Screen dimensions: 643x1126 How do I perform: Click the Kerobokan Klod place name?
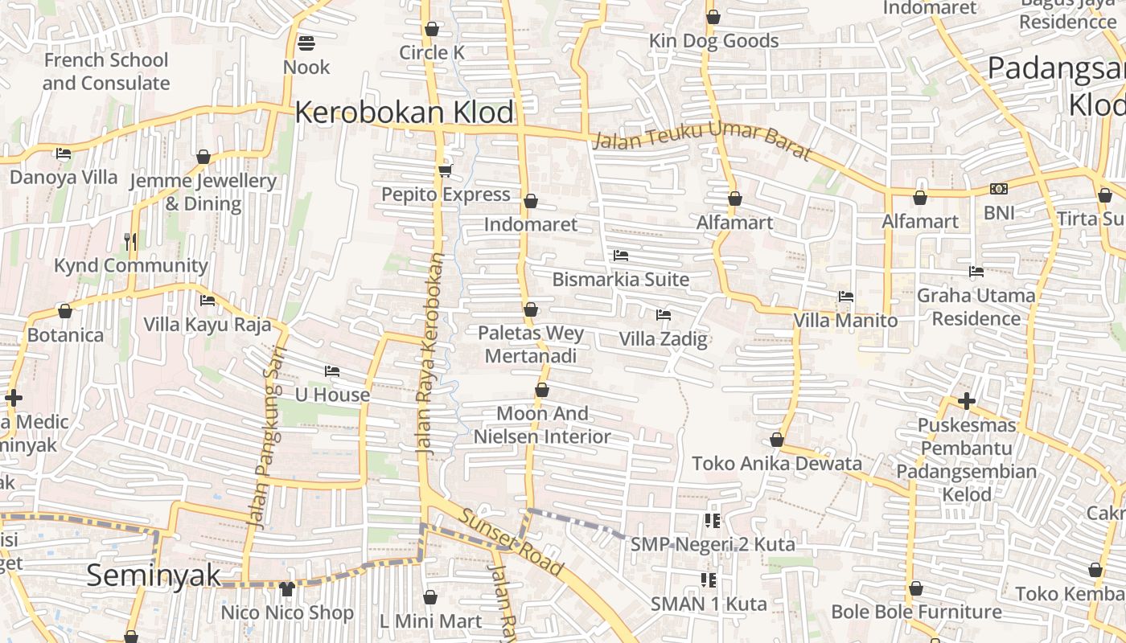[x=404, y=113]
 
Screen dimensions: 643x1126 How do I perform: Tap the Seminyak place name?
[x=153, y=575]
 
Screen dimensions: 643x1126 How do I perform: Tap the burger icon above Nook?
[x=306, y=43]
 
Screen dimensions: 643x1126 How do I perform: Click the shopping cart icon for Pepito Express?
[x=446, y=170]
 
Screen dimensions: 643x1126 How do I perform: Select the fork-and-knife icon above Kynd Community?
[x=130, y=241]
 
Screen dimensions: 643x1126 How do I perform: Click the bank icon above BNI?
[x=999, y=189]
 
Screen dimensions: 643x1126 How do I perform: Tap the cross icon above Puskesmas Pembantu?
[x=967, y=400]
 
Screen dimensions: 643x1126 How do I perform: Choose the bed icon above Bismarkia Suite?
[x=620, y=256]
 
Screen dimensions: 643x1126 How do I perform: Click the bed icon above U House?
[x=331, y=371]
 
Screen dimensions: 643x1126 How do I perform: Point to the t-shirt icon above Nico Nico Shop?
[x=286, y=588]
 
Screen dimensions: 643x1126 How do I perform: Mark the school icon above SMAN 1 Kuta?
[x=709, y=580]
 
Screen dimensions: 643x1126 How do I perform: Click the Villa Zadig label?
[x=663, y=339]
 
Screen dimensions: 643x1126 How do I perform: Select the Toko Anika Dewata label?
[x=777, y=463]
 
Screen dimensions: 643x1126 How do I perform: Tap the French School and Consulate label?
[x=105, y=72]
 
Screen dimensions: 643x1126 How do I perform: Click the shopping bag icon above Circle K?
[x=432, y=29]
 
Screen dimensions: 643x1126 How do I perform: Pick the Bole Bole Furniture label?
[x=916, y=612]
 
